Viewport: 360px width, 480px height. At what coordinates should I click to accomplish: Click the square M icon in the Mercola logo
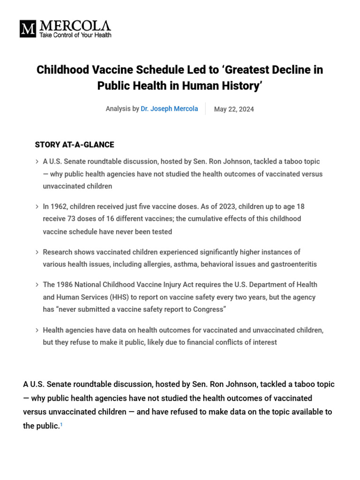tap(28, 29)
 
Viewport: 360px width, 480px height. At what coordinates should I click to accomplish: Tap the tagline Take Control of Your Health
tap(75, 35)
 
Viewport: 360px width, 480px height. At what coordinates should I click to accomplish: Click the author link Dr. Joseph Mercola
tap(169, 109)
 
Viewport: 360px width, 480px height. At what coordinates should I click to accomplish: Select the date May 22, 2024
tap(234, 109)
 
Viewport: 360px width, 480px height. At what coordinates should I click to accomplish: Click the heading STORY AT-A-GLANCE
tap(75, 145)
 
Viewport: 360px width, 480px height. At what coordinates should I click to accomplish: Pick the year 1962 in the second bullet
tap(60, 206)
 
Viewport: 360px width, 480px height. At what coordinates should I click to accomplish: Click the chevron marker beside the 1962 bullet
tap(37, 207)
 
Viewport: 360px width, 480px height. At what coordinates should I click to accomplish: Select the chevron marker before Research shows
tap(37, 252)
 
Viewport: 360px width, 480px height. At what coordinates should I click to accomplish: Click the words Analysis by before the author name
tap(122, 109)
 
